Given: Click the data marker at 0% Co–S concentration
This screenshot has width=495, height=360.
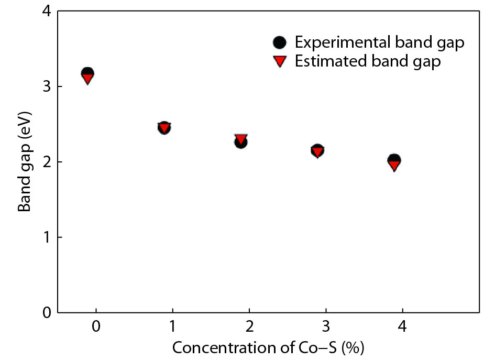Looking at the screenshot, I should coord(87,75).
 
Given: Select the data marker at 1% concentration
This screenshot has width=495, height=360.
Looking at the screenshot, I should coord(164,127).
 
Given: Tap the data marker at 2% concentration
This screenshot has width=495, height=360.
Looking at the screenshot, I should coord(241,140).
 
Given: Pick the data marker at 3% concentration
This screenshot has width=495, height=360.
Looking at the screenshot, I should coord(317,151).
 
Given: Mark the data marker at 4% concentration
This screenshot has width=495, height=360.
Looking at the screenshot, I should coord(394,162).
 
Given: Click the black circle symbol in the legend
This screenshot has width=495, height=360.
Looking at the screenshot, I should coord(280,42).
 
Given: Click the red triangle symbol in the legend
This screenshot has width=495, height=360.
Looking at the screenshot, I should coord(280,61).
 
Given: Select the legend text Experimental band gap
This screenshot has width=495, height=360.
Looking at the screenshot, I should coord(379,42).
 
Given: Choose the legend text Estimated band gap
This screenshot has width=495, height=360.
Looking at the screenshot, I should coord(368,61).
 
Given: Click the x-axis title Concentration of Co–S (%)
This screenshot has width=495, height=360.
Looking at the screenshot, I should coord(268,347).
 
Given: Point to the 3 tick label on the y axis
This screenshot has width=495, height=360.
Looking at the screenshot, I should coord(46,86).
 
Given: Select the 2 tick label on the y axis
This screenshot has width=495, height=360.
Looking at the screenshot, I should coord(46,162).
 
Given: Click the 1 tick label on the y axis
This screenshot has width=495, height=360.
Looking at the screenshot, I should coord(46,237).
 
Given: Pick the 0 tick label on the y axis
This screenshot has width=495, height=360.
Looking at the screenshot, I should coord(46,313).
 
